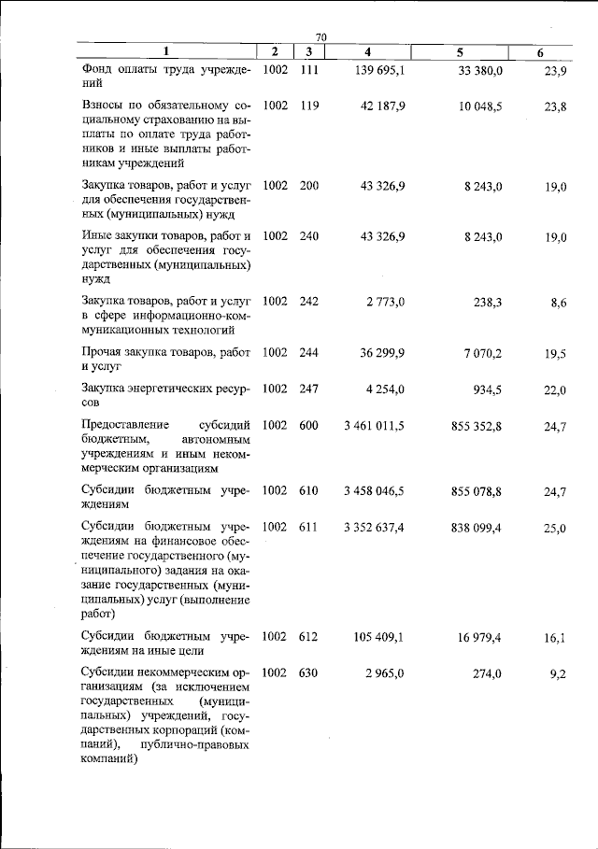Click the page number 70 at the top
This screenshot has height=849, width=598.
(x=321, y=35)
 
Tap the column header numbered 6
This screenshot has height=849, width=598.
(x=540, y=52)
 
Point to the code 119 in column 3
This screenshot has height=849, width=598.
(x=309, y=106)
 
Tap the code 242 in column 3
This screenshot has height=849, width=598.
(x=309, y=302)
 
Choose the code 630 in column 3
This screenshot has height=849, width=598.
(x=309, y=672)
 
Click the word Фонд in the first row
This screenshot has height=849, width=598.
(x=98, y=70)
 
